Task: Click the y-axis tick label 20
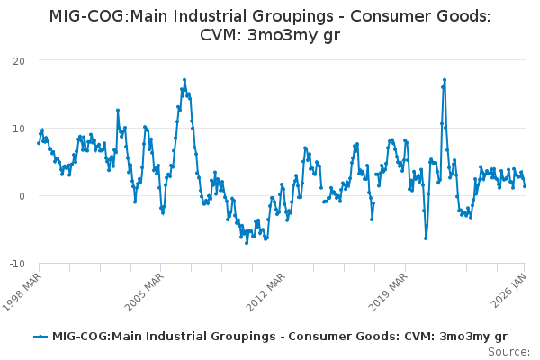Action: point(18,60)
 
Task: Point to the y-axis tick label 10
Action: point(18,128)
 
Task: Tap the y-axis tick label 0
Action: point(21,195)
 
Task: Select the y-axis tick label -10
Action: point(16,263)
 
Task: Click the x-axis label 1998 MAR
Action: point(23,290)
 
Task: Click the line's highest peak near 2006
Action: point(184,80)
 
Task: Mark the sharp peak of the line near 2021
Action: point(445,80)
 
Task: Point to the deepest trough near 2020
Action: point(426,238)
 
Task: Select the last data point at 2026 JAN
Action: point(525,186)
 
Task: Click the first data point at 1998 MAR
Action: point(39,142)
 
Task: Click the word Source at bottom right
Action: point(508,351)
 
